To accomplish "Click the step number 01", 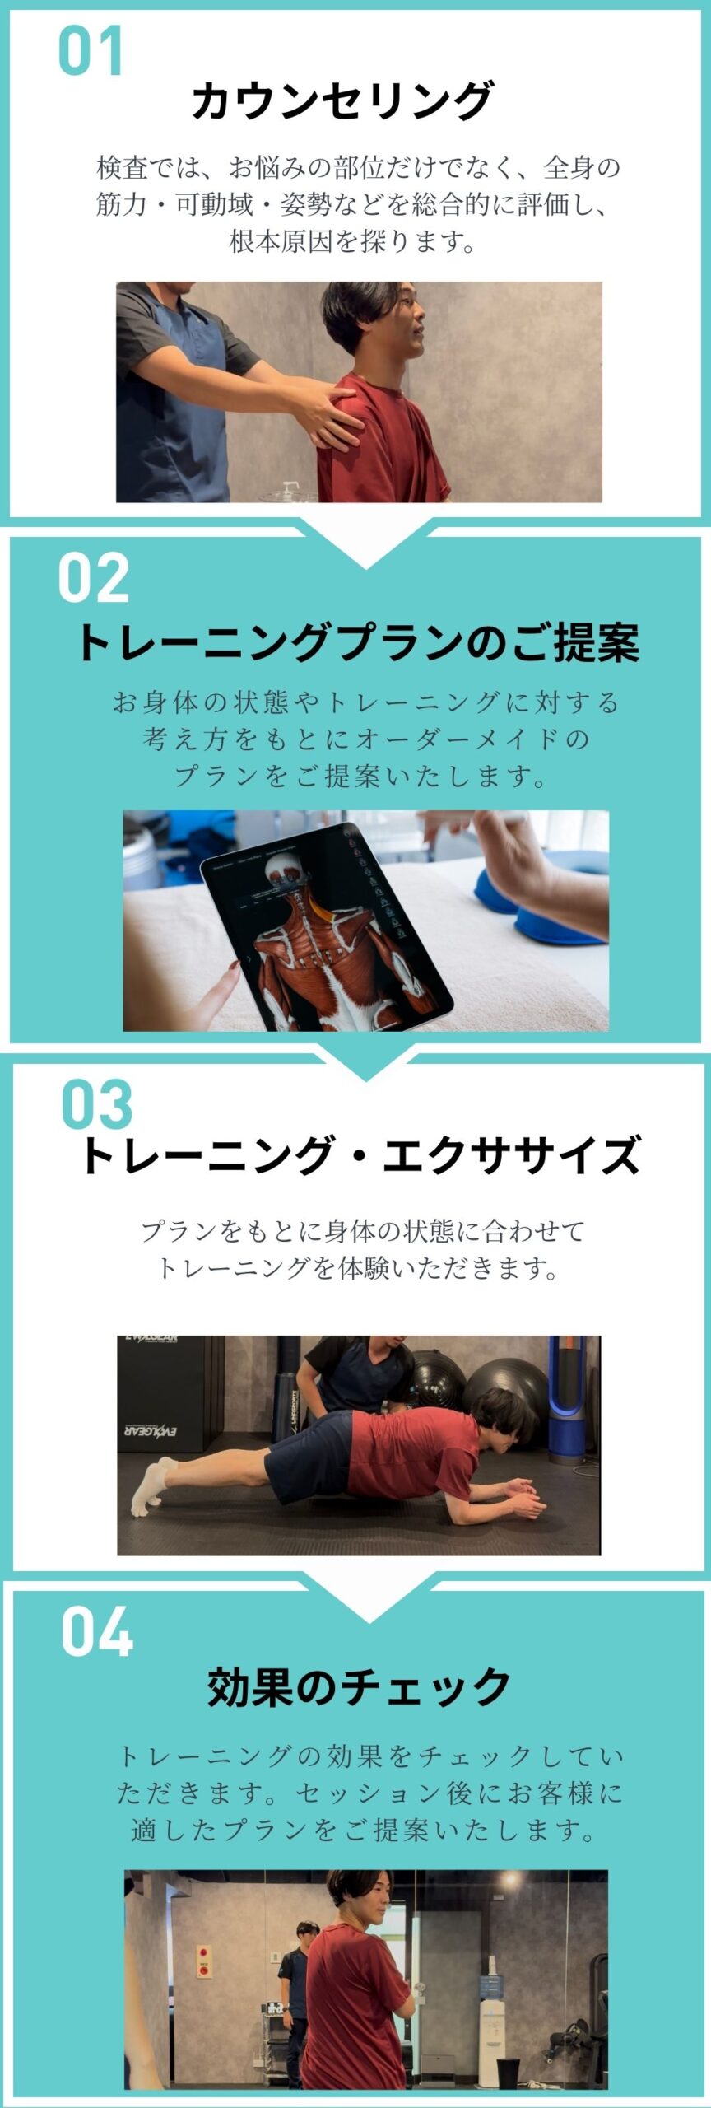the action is [x=91, y=51].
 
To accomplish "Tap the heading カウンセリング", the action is [x=342, y=101].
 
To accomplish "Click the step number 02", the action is [x=94, y=577].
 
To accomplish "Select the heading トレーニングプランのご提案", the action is [x=357, y=642].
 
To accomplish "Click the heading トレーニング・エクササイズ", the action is [x=360, y=1154].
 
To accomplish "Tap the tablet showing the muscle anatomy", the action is [x=327, y=927].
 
